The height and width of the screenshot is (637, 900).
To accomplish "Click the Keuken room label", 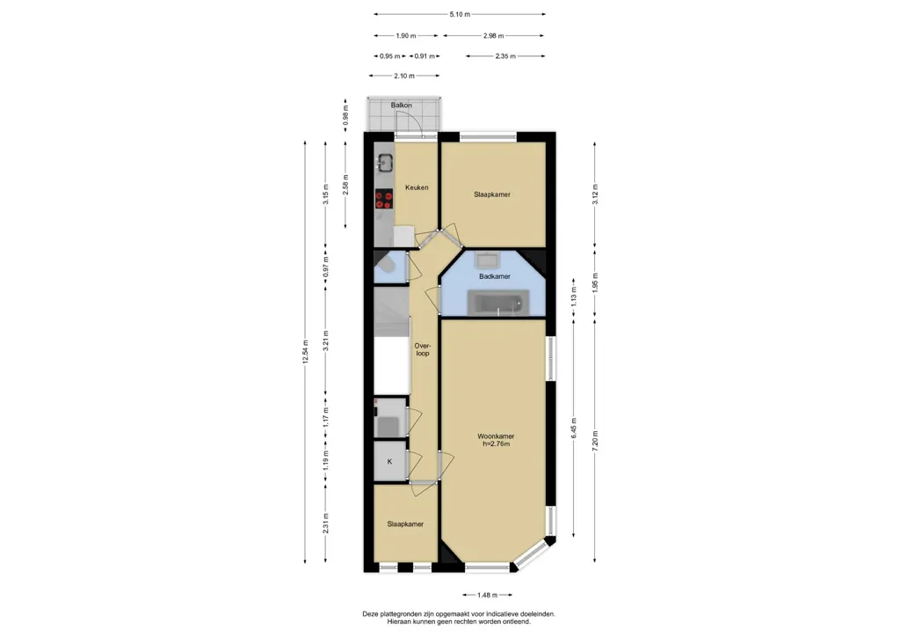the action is [417, 187].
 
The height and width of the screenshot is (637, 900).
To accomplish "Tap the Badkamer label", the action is [495, 276].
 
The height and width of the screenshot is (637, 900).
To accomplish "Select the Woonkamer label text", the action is [496, 436].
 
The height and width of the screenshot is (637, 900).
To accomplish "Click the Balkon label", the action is [401, 105].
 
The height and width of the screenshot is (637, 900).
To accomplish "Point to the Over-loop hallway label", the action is [423, 349].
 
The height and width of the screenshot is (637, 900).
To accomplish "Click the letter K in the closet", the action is [389, 461].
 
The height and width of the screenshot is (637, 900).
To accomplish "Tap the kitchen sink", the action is [384, 163].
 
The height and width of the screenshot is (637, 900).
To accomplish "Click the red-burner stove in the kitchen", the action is [384, 200].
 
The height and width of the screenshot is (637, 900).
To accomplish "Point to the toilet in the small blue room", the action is [386, 266].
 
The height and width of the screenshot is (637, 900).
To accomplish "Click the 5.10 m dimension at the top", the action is [460, 14].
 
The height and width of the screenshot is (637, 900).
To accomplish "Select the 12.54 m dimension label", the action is [305, 351].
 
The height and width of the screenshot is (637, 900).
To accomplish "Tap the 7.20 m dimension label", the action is [595, 441].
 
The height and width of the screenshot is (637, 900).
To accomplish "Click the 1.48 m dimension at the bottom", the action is [487, 595].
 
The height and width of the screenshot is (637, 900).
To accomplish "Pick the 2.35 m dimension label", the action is [505, 56].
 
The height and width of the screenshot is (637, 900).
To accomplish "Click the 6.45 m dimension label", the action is [573, 428].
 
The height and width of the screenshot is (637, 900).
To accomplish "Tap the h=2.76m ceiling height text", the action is [496, 444].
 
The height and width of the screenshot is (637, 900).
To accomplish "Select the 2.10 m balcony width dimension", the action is [404, 76].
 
